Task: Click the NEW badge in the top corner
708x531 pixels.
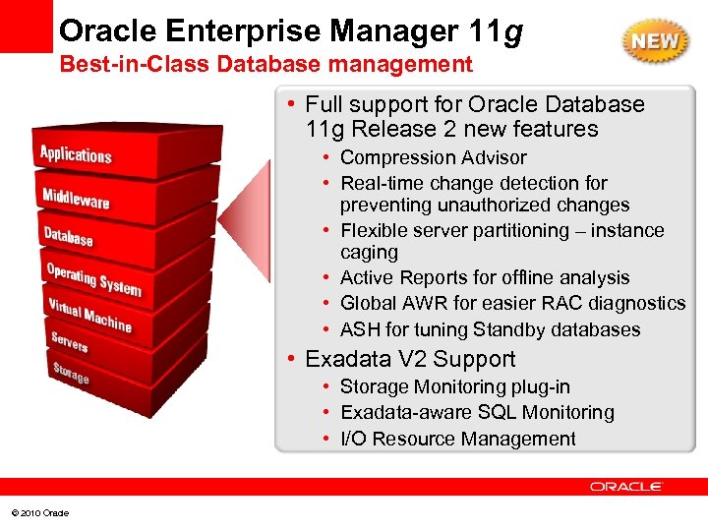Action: click(x=654, y=42)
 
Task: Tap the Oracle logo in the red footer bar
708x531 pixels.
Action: click(x=626, y=487)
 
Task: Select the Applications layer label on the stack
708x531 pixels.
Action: click(x=76, y=154)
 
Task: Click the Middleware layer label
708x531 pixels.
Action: click(x=76, y=198)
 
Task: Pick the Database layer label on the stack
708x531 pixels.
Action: click(x=68, y=237)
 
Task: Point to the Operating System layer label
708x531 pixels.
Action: click(x=93, y=278)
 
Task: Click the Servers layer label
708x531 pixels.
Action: click(x=70, y=341)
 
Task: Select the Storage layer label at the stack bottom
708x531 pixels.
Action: click(x=70, y=373)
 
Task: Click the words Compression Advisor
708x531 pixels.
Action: click(x=433, y=157)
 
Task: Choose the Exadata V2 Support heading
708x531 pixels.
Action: click(x=410, y=359)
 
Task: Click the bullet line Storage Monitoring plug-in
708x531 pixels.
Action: click(x=454, y=387)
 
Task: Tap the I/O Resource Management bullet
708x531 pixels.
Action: click(x=457, y=439)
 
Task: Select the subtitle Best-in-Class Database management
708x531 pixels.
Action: click(x=266, y=66)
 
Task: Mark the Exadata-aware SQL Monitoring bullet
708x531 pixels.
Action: click(x=477, y=413)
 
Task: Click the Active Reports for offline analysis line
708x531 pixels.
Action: click(x=485, y=278)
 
